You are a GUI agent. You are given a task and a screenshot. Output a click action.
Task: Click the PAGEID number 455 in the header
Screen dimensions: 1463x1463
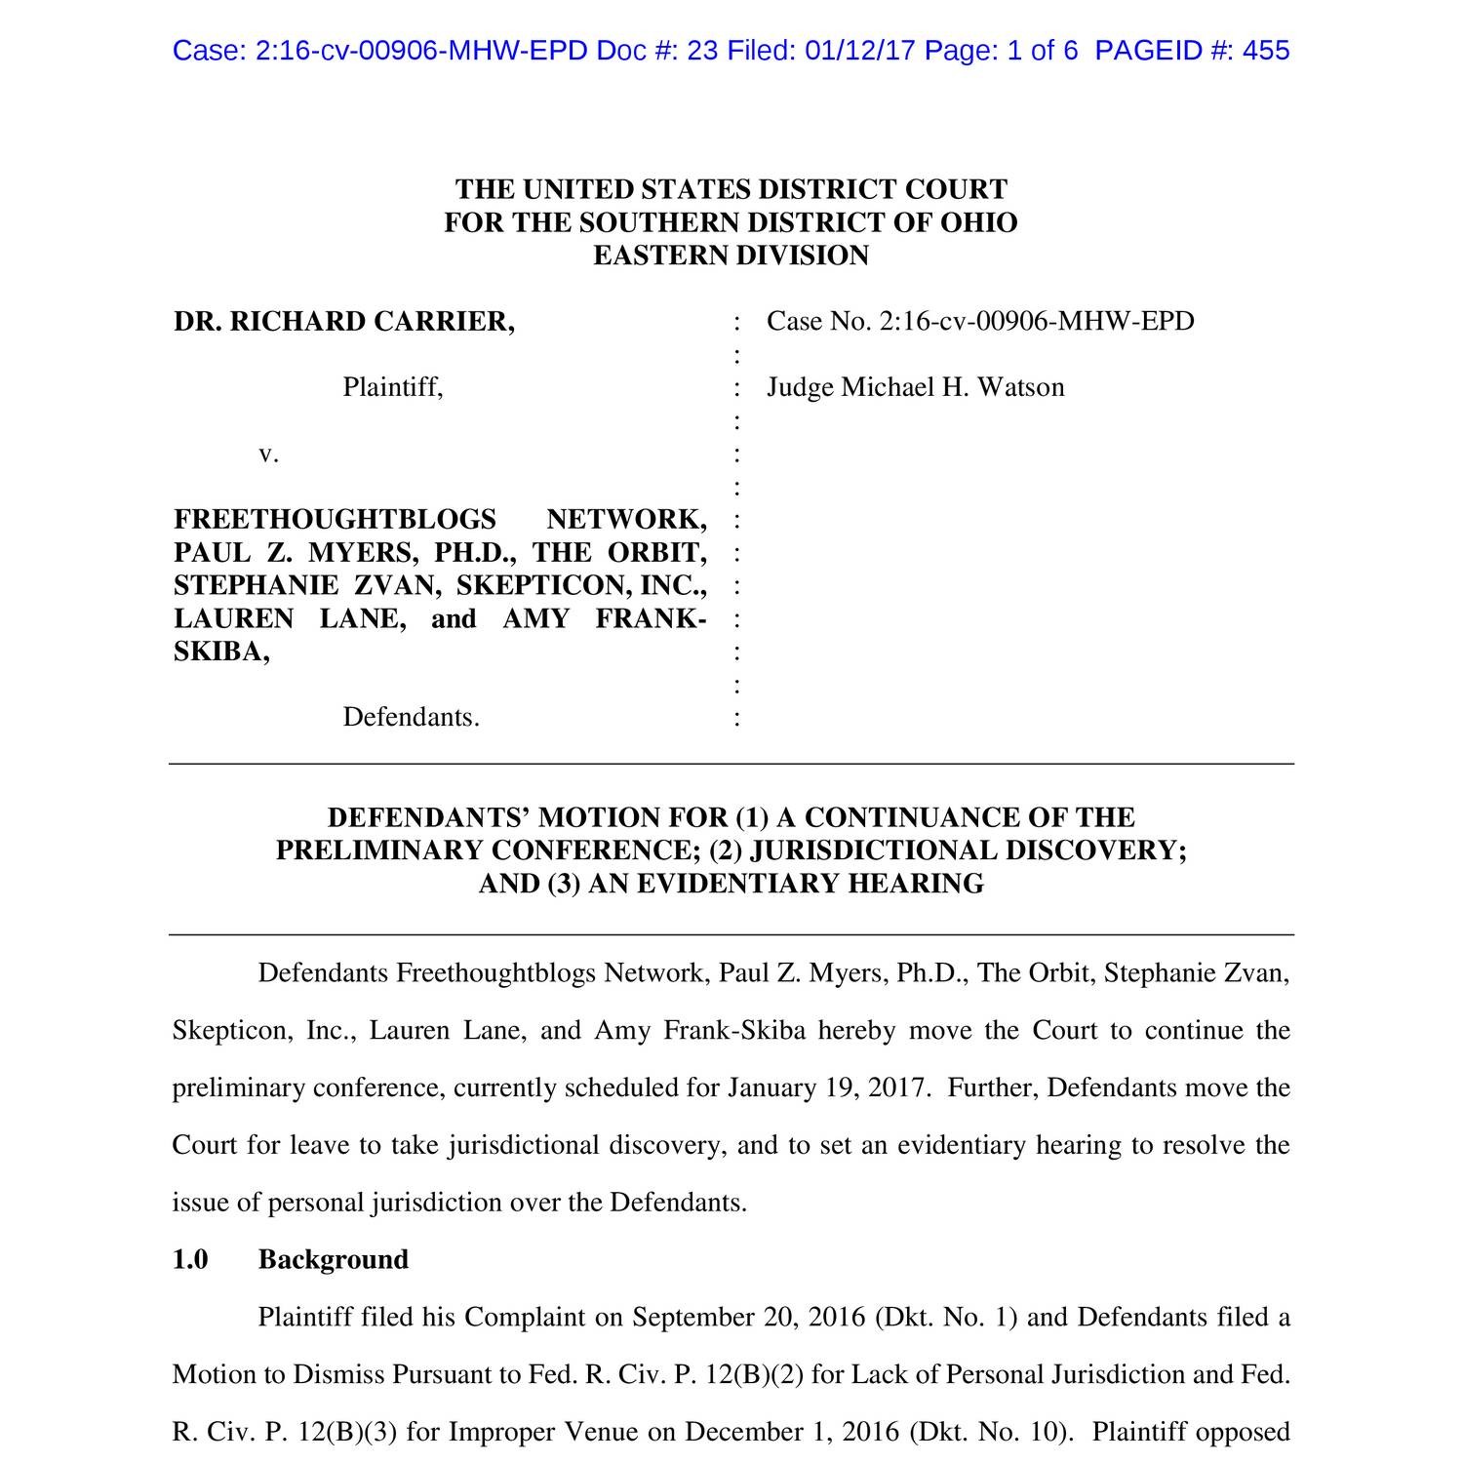(1266, 51)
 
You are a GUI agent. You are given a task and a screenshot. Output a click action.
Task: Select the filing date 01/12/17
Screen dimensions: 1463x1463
(861, 51)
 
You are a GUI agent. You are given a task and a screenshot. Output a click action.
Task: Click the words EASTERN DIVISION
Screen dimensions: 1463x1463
(731, 256)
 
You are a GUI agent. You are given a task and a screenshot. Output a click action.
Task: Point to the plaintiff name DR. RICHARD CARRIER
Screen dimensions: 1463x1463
(344, 322)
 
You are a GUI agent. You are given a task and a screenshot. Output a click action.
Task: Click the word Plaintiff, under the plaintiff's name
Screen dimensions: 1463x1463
(393, 388)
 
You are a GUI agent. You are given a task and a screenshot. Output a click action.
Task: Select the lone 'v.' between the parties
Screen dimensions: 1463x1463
(268, 455)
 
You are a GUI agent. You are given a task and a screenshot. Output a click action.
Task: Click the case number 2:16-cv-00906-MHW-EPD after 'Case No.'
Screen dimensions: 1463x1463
(1037, 322)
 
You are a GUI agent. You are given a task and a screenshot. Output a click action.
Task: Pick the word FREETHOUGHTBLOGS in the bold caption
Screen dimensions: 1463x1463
(335, 520)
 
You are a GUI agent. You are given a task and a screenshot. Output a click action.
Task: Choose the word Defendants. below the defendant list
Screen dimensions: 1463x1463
(411, 718)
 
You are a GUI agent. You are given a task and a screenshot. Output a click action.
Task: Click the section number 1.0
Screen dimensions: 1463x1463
(190, 1260)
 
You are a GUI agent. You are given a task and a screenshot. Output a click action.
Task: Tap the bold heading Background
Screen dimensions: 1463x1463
(333, 1260)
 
